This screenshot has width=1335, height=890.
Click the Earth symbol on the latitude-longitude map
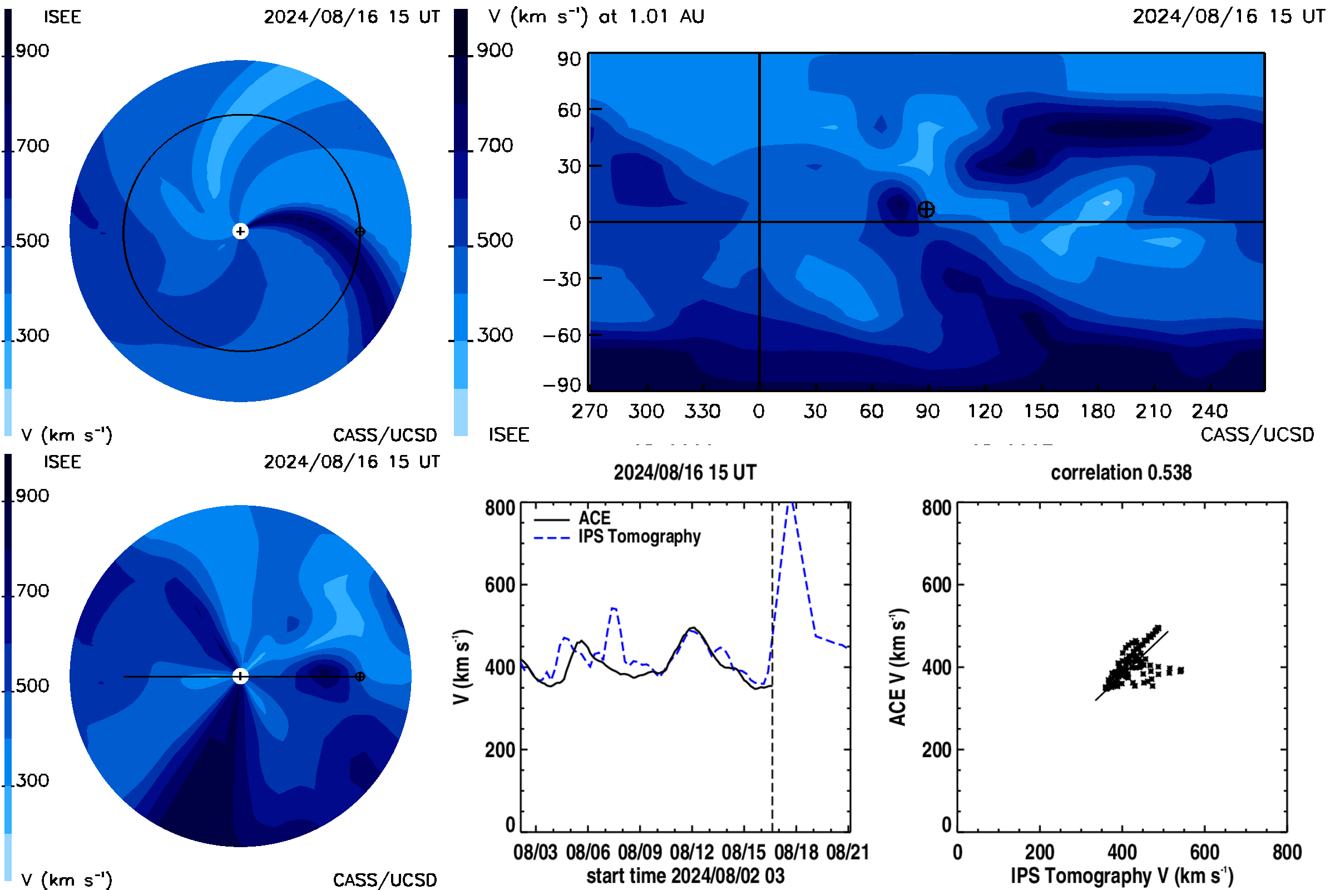click(926, 210)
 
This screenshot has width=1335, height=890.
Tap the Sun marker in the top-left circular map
click(241, 231)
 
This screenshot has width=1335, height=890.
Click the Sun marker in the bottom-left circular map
click(241, 676)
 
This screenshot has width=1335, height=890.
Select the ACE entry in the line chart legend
click(572, 518)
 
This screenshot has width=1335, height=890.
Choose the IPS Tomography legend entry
click(617, 536)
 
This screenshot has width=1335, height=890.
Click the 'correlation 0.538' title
click(1121, 472)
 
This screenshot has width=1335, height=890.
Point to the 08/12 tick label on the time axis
click(692, 852)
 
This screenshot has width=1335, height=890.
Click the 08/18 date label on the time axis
click(797, 852)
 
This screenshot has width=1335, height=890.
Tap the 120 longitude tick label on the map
click(985, 411)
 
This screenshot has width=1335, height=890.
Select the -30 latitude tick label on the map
click(562, 279)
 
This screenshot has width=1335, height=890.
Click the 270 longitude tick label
click(589, 411)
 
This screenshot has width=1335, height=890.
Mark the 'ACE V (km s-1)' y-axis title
click(898, 667)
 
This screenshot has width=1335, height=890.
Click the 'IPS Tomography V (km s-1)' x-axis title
click(1121, 876)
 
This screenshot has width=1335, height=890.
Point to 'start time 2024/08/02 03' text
click(685, 876)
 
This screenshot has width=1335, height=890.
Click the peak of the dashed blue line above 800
click(791, 503)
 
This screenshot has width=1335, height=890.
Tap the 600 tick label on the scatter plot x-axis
click(1204, 852)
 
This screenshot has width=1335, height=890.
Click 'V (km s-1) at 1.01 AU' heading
click(596, 17)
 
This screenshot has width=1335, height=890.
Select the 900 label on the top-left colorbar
click(32, 51)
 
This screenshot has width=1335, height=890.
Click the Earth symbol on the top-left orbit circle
click(360, 231)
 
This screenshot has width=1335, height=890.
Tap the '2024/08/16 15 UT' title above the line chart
click(685, 472)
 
